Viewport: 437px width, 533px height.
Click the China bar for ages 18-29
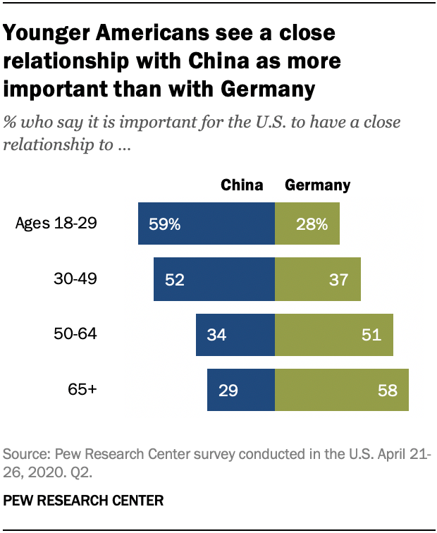pyautogui.click(x=207, y=224)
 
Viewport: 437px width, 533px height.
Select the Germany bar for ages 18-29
pyautogui.click(x=307, y=224)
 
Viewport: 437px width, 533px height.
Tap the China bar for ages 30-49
pyautogui.click(x=214, y=279)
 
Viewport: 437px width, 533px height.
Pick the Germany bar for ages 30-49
pyautogui.click(x=317, y=279)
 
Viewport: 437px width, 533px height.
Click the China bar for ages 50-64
pyautogui.click(x=235, y=334)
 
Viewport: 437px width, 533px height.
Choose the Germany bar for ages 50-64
pyautogui.click(x=333, y=334)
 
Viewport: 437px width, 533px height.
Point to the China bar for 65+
pyautogui.click(x=240, y=389)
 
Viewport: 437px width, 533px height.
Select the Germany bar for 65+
pyautogui.click(x=341, y=389)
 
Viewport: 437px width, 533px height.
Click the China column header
pyautogui.click(x=242, y=185)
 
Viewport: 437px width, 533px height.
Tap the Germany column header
pyautogui.click(x=317, y=185)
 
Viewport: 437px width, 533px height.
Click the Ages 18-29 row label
pyautogui.click(x=66, y=224)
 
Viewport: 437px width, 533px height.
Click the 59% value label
pyautogui.click(x=165, y=224)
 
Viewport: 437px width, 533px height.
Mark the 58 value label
pyautogui.click(x=388, y=389)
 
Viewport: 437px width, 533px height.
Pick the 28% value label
pyautogui.click(x=312, y=224)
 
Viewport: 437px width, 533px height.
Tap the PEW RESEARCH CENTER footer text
pyautogui.click(x=84, y=501)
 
